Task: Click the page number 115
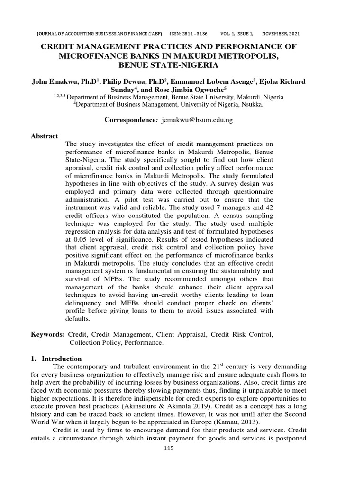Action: pyautogui.click(x=168, y=449)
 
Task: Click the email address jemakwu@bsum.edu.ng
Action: pyautogui.click(x=197, y=120)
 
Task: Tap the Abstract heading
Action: pyautogui.click(x=44, y=136)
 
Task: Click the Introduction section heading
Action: pyautogui.click(x=62, y=359)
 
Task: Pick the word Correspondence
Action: pyautogui.click(x=131, y=120)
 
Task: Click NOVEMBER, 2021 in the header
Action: pyautogui.click(x=281, y=34)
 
